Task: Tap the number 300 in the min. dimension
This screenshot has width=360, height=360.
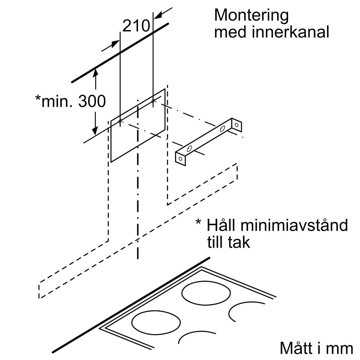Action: coord(92,101)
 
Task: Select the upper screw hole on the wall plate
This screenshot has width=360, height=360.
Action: coord(153,101)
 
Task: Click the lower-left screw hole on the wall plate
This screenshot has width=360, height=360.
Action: coord(120,121)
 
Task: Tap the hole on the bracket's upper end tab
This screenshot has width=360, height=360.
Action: coord(237,124)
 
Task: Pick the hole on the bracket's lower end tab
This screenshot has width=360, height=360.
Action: coord(180,159)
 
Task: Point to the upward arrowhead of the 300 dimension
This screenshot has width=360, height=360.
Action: coord(95,71)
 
